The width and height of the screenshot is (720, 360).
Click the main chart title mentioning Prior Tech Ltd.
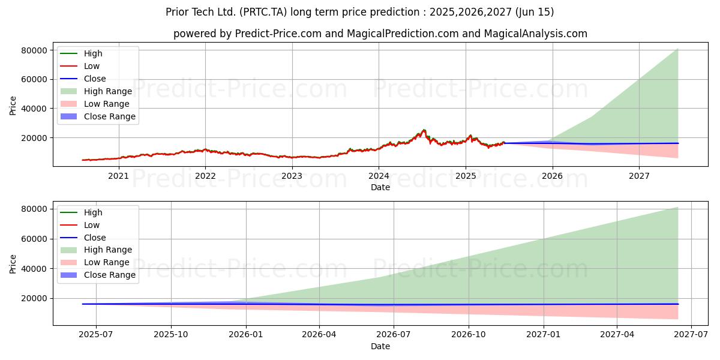360,12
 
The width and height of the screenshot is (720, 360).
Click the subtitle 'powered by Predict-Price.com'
380,34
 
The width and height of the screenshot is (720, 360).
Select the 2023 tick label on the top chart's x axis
292,176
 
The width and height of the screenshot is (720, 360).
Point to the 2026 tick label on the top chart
552,176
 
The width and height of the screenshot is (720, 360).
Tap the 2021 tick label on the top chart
118,176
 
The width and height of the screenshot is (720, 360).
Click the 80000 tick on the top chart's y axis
35,50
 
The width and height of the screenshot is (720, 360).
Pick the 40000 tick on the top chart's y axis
35,109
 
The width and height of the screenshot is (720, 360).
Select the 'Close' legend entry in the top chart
95,79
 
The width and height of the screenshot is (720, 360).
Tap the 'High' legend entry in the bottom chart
93,212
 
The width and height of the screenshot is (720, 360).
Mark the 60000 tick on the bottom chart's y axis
35,239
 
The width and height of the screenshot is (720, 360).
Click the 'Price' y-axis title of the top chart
13,106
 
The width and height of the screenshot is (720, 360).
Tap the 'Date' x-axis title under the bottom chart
380,346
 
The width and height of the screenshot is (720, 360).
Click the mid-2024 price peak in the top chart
424,130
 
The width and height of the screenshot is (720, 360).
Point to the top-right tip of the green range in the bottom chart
678,208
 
